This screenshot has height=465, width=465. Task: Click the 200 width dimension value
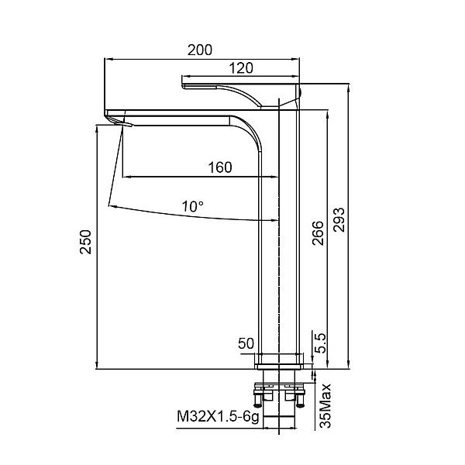[x=200, y=50]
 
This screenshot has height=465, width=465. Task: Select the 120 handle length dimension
[x=241, y=68]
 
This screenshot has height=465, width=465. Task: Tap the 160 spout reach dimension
[x=220, y=167]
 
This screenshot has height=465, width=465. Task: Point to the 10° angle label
[x=193, y=206]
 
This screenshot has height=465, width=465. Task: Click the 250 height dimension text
[x=86, y=242]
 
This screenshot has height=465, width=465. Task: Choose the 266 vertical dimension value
[x=319, y=232]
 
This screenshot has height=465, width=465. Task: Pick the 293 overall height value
[x=339, y=220]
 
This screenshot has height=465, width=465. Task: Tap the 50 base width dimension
[x=246, y=343]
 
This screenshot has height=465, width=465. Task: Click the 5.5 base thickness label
[x=320, y=343]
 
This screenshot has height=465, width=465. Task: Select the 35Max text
[x=325, y=405]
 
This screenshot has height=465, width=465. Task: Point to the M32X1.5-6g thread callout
[x=219, y=417]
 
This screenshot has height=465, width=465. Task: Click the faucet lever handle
[x=241, y=96]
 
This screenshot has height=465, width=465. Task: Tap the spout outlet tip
[x=124, y=123]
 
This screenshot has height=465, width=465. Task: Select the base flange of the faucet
[x=279, y=361]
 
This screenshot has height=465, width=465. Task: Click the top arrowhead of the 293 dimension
[x=350, y=87]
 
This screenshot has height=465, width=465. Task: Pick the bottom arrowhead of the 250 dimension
[x=97, y=365]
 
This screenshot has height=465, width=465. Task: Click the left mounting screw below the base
[x=258, y=399]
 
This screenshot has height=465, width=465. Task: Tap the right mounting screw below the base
[x=301, y=399]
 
